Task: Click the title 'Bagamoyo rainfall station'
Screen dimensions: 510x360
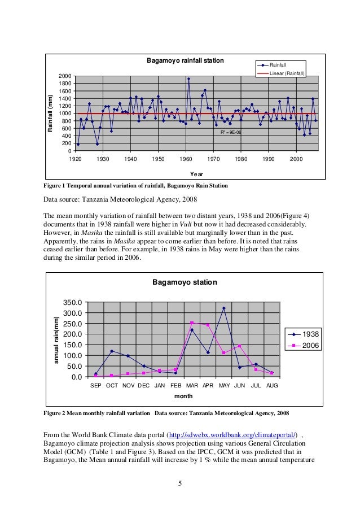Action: (x=186, y=60)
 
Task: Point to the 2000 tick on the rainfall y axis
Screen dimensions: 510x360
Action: (x=64, y=76)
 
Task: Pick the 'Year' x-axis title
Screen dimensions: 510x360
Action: (x=197, y=175)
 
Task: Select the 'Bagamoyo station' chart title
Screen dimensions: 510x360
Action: (x=185, y=282)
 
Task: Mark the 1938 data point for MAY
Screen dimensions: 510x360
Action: (x=224, y=308)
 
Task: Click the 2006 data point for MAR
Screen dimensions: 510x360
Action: (x=192, y=323)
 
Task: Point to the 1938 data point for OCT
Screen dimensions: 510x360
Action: (x=112, y=351)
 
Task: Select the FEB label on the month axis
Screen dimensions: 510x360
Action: (x=176, y=386)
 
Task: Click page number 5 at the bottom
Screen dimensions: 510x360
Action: (x=179, y=483)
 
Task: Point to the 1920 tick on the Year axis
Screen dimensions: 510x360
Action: (x=75, y=160)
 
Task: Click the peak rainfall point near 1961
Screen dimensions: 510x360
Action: (x=188, y=79)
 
